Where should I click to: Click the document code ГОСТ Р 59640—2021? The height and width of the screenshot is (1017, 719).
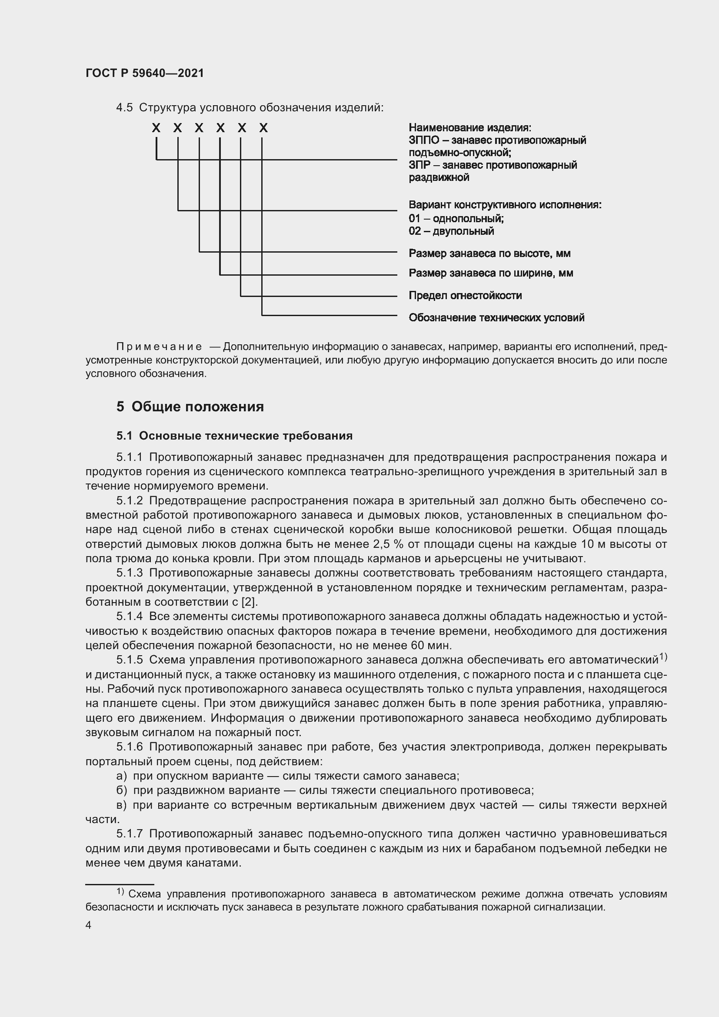click(145, 73)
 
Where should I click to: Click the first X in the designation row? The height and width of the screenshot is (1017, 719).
click(156, 128)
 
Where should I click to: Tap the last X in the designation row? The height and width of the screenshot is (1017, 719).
click(263, 128)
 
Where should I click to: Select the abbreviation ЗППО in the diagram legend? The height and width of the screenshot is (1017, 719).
click(424, 140)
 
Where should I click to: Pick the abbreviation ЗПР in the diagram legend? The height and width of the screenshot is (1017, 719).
click(420, 165)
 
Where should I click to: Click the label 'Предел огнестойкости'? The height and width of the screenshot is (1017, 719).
click(465, 295)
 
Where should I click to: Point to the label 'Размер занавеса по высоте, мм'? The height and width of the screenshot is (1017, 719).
click(489, 253)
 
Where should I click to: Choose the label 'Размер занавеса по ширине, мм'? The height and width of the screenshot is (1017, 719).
click(490, 273)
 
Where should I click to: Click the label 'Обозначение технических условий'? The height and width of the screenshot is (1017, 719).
click(496, 317)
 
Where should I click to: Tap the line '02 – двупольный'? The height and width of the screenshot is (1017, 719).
click(451, 231)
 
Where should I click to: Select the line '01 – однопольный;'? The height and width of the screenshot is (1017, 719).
click(456, 218)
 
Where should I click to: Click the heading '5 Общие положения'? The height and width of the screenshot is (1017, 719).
click(190, 406)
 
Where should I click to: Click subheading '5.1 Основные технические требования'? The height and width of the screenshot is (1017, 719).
click(234, 436)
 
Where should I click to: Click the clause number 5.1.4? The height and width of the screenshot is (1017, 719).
click(129, 616)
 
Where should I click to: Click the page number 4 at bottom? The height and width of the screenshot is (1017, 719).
click(88, 925)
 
